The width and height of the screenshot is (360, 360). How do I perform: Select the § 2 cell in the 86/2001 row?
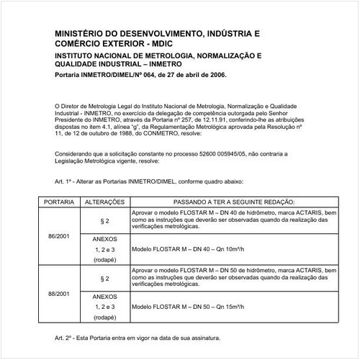105,220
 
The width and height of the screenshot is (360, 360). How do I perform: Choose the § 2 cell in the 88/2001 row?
105,278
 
